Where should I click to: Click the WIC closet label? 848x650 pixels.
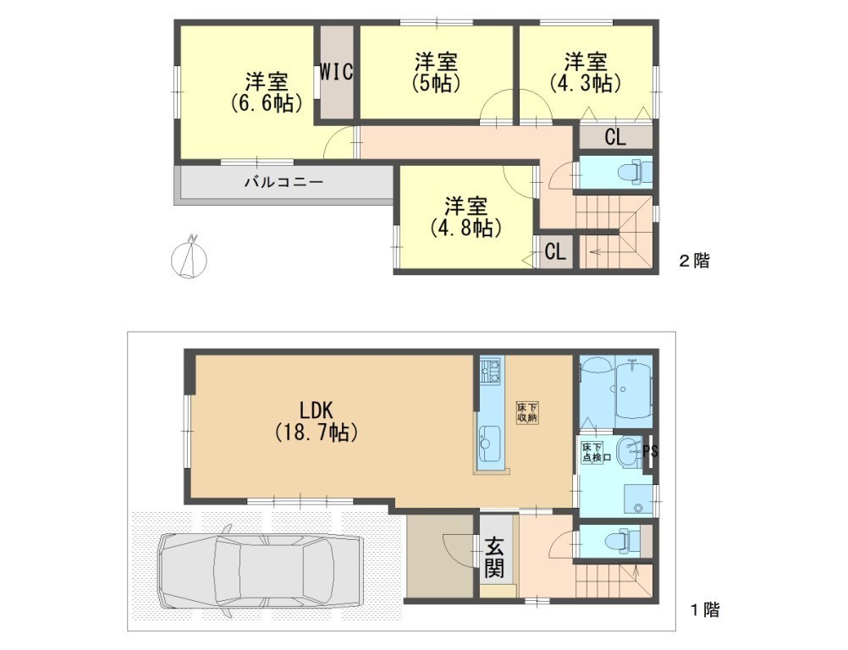[x=336, y=71]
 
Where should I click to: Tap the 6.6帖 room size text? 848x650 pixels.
[x=266, y=102]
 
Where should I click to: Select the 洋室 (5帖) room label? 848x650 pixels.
[x=436, y=72]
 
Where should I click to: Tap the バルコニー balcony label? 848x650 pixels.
[x=284, y=182]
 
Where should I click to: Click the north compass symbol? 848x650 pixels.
[x=189, y=257]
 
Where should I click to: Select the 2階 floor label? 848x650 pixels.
[x=694, y=261]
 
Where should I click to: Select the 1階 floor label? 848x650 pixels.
[x=704, y=610]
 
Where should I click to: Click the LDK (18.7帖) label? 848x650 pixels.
[x=317, y=421]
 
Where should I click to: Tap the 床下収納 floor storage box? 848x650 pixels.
[x=527, y=413]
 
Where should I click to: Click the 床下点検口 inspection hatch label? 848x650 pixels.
[x=597, y=452]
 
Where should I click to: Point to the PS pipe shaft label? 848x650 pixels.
[x=651, y=450]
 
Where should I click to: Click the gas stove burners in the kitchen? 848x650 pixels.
[x=491, y=371]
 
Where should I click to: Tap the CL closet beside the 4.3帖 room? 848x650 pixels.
[x=615, y=137]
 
